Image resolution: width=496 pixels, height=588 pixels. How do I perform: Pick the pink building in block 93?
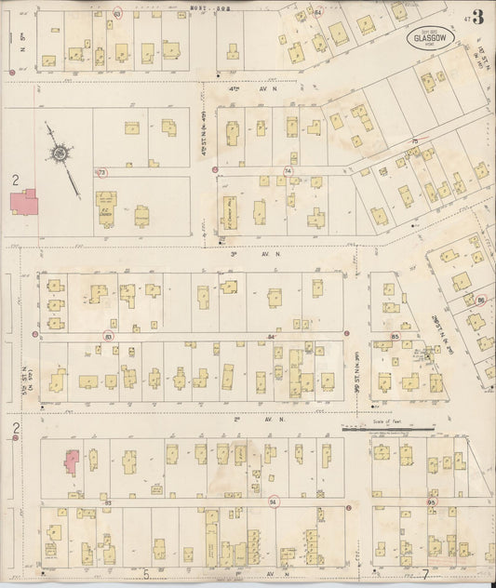[x=72, y=461]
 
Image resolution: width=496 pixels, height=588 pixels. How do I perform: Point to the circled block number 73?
[x=102, y=173]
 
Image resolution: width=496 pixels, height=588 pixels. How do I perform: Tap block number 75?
[x=415, y=141]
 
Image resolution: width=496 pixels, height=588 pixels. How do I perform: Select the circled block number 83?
[x=109, y=335]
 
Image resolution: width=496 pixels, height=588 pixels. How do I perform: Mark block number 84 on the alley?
[x=272, y=336]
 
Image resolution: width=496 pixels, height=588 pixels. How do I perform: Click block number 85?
[x=395, y=336]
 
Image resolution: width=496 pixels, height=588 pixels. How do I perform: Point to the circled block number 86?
[x=481, y=300]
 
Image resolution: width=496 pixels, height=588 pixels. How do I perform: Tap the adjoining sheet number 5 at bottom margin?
[x=146, y=575]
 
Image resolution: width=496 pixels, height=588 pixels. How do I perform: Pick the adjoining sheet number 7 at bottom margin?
[x=424, y=575]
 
